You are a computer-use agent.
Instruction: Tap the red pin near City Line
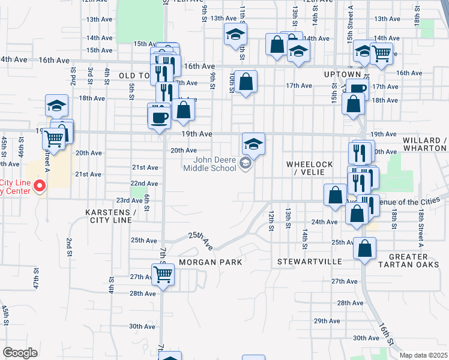click(40, 187)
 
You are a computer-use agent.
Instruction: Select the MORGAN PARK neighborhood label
click(210, 262)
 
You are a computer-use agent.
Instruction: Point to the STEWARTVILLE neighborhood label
click(309, 262)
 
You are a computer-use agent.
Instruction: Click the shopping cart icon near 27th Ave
click(163, 275)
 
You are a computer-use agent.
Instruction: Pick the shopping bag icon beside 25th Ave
click(365, 248)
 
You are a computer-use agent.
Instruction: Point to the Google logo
click(20, 352)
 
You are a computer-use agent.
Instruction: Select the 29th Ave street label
click(327, 320)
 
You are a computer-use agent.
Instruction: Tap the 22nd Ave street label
click(144, 184)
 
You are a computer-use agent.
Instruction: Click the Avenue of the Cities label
click(414, 200)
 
